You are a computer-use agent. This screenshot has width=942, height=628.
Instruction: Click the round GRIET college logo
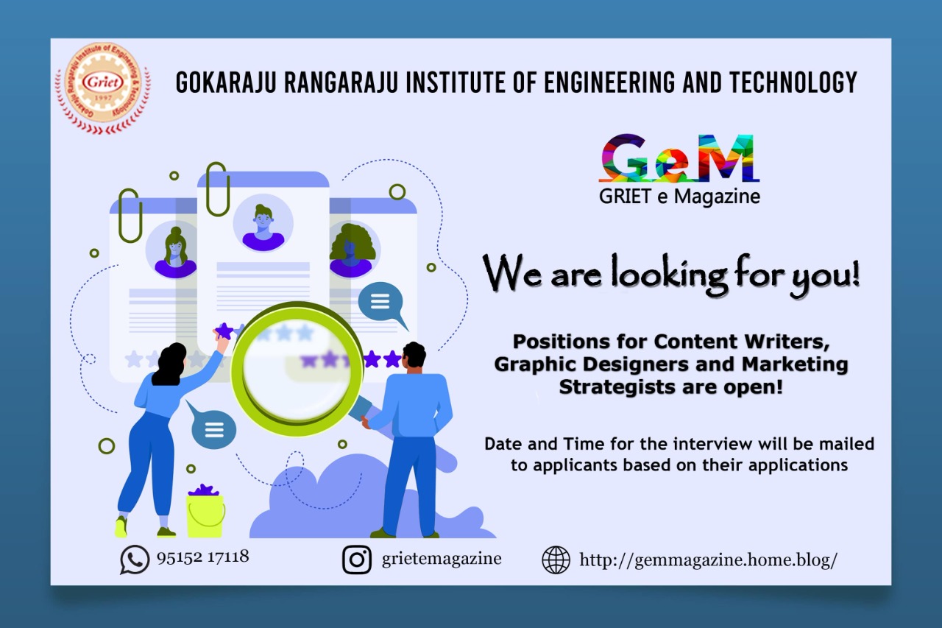[x=102, y=88]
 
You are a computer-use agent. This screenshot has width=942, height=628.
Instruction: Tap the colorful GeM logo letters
[x=679, y=158]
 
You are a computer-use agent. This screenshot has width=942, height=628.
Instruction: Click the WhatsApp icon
[x=134, y=560]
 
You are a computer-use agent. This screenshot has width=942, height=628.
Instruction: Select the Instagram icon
[x=357, y=560]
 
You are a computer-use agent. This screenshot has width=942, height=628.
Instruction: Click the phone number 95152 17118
[x=203, y=557]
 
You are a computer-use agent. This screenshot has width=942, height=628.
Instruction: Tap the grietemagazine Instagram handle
[x=442, y=559]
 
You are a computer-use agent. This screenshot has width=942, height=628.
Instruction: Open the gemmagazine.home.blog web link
[x=708, y=560]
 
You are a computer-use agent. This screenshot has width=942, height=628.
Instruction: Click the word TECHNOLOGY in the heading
[x=793, y=82]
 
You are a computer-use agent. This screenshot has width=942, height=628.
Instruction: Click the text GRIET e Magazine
[x=679, y=197]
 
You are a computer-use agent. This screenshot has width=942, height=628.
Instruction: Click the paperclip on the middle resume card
[x=217, y=188]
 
